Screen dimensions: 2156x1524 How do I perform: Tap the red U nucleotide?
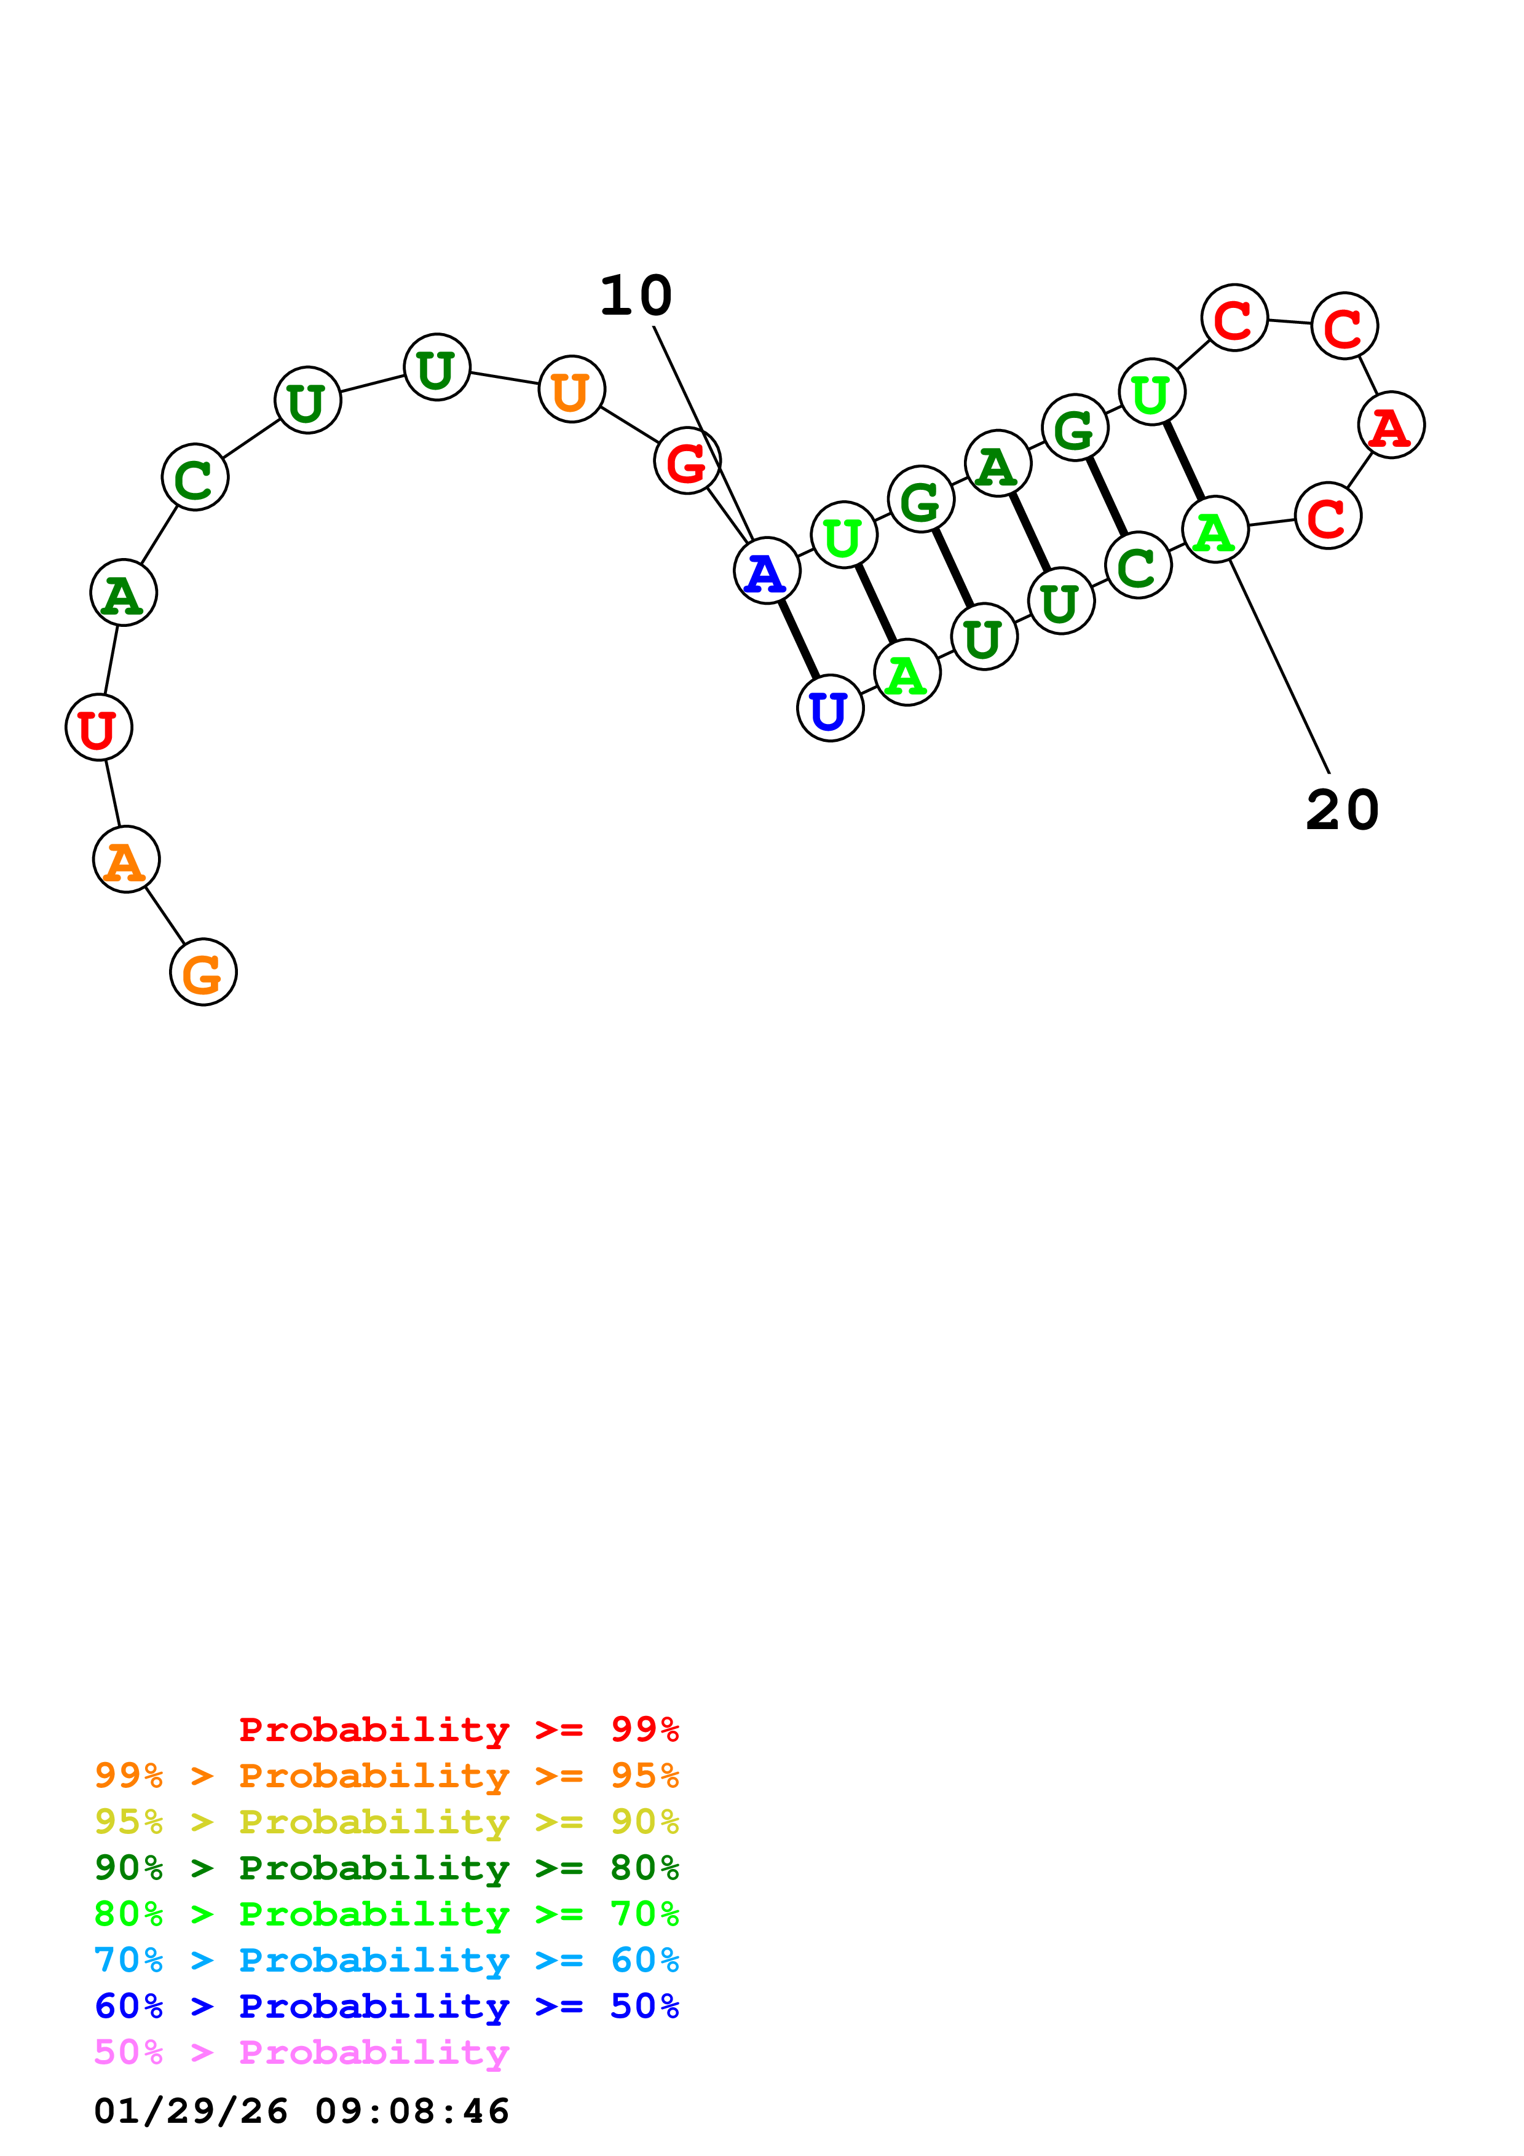98,728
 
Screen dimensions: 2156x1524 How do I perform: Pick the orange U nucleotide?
571,389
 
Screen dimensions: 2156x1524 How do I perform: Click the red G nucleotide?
687,460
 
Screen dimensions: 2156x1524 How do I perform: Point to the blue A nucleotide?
766,571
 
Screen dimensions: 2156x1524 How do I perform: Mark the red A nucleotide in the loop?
1391,425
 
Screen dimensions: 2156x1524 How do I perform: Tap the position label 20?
1342,809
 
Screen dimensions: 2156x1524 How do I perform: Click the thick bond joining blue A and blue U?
798,639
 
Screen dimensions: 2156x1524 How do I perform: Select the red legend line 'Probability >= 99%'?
458,1729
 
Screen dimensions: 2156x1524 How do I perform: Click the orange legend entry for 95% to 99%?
386,1776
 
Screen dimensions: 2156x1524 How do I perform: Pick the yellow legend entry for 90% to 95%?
386,1822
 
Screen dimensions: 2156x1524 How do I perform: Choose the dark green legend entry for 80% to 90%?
386,1868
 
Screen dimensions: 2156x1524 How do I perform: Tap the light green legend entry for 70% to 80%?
386,1914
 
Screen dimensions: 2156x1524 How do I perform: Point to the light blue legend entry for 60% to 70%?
386,1960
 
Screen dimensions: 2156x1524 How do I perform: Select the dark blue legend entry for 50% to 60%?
386,2006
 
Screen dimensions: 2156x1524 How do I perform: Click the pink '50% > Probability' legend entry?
301,2052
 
